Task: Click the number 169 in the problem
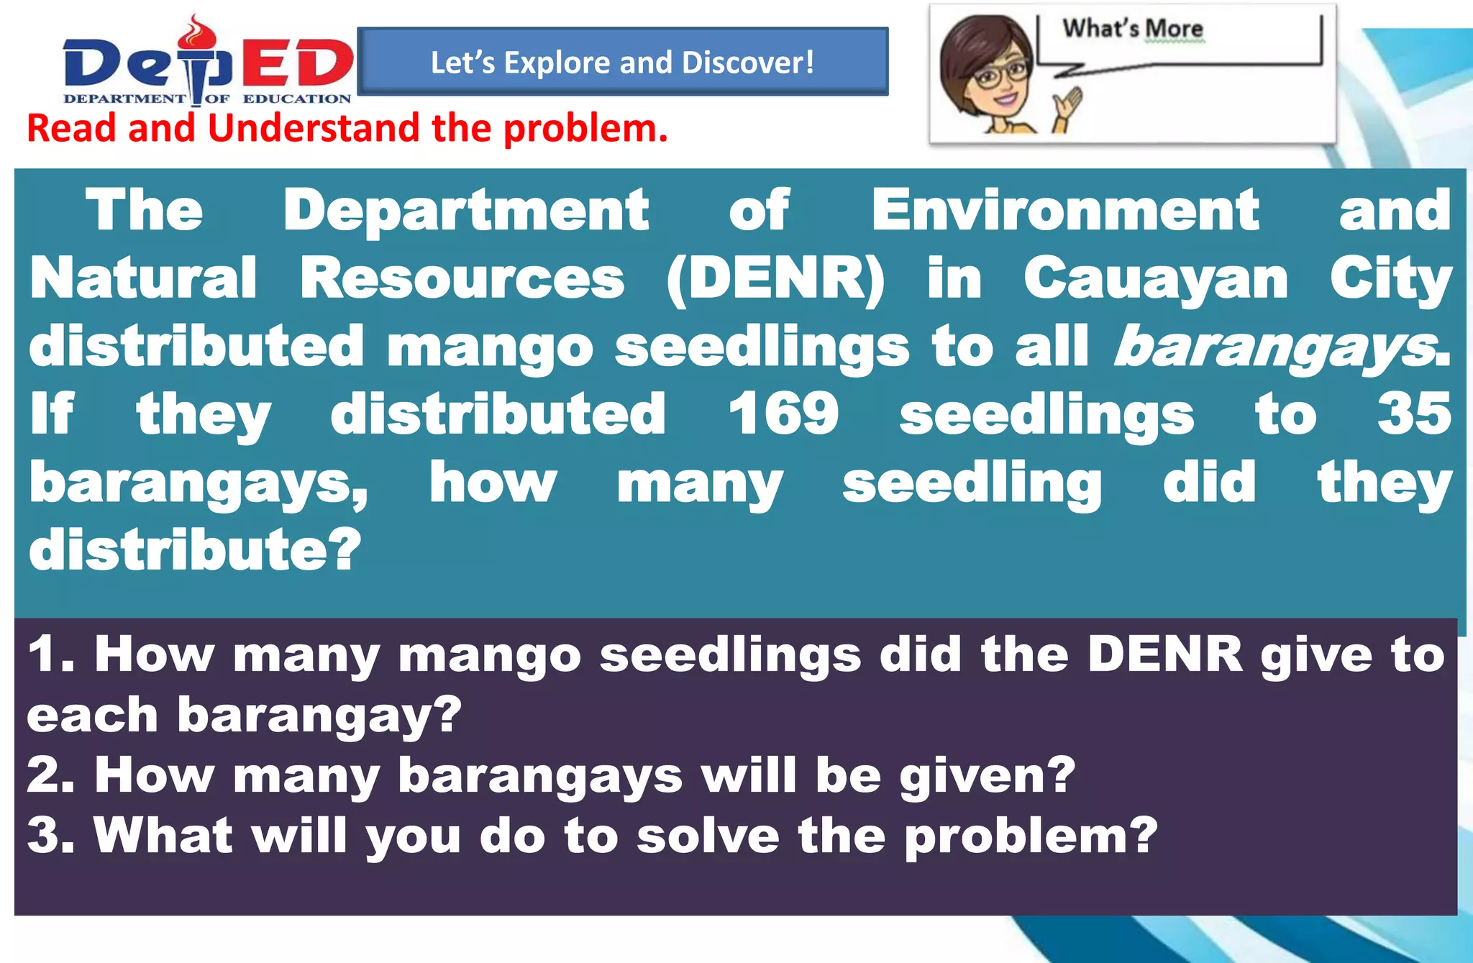pos(783,414)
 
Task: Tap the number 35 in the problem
pos(1413,414)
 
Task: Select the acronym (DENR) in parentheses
pos(775,279)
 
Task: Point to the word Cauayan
pos(1155,279)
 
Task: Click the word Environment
pos(1064,211)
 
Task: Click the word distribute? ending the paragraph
pos(194,550)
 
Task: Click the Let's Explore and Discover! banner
pos(622,63)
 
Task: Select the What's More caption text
pos(1132,29)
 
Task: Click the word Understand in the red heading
pos(314,128)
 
